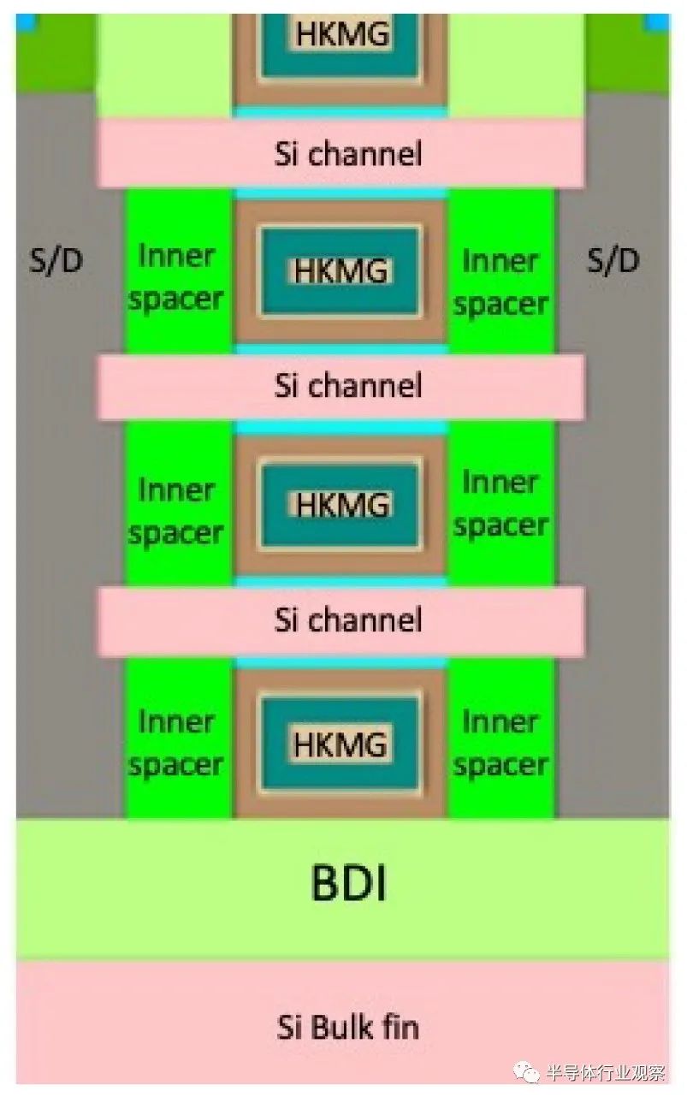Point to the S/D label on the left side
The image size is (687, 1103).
[56, 260]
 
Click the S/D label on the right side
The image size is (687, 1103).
[613, 260]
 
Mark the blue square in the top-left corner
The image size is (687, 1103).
[27, 21]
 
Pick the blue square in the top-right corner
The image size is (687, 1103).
[658, 21]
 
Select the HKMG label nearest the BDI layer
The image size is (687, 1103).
[341, 744]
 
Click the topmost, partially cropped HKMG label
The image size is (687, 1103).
[343, 33]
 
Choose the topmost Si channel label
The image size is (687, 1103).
[347, 154]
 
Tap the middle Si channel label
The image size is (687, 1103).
[347, 385]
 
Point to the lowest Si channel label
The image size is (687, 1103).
[347, 620]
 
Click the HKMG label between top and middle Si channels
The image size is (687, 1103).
[341, 270]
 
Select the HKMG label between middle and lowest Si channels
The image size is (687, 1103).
[342, 504]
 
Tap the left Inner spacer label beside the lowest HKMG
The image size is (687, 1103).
[175, 744]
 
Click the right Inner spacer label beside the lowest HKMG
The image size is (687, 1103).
[500, 744]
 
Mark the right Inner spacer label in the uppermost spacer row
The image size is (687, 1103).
[500, 283]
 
